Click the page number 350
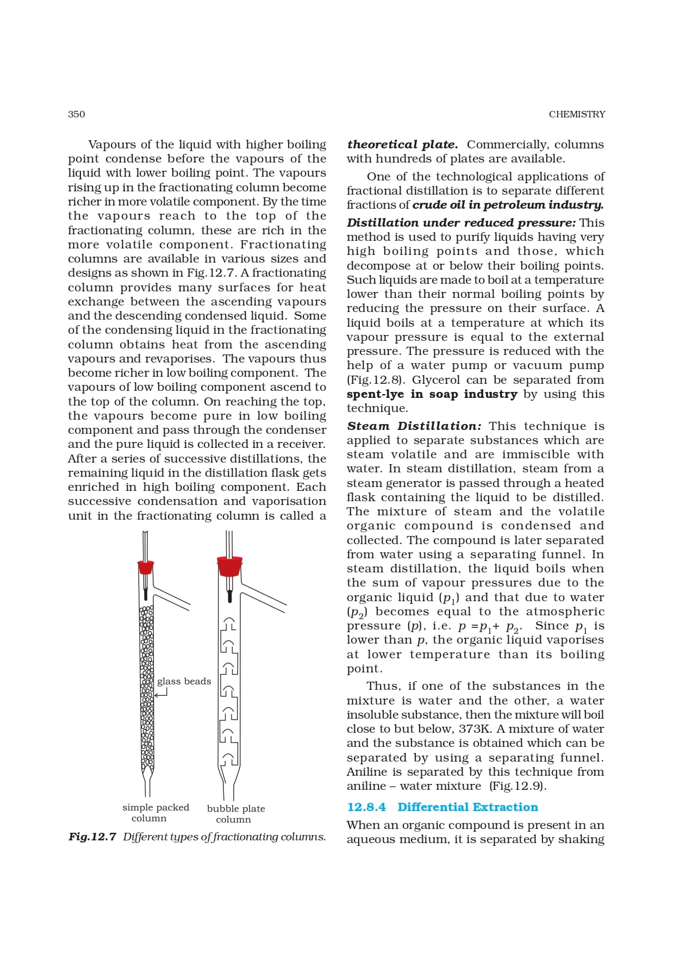click(x=76, y=114)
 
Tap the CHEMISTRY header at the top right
click(x=577, y=114)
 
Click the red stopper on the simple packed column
click(x=145, y=567)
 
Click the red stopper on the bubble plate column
click(x=229, y=566)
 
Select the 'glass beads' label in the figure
click(x=184, y=681)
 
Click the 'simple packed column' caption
click(x=155, y=813)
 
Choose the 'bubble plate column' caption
click(x=236, y=814)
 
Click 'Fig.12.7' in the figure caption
click(x=92, y=837)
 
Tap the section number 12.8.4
click(x=366, y=807)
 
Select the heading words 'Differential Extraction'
click(x=467, y=807)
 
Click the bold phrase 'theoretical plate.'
click(x=402, y=145)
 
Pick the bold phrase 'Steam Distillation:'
click(x=414, y=426)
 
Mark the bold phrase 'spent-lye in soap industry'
click(x=432, y=394)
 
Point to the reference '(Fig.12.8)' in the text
click(x=376, y=380)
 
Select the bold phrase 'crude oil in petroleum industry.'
click(x=508, y=205)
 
